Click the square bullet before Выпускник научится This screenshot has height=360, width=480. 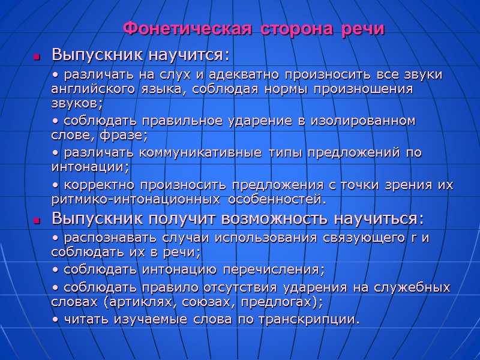(37, 58)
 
